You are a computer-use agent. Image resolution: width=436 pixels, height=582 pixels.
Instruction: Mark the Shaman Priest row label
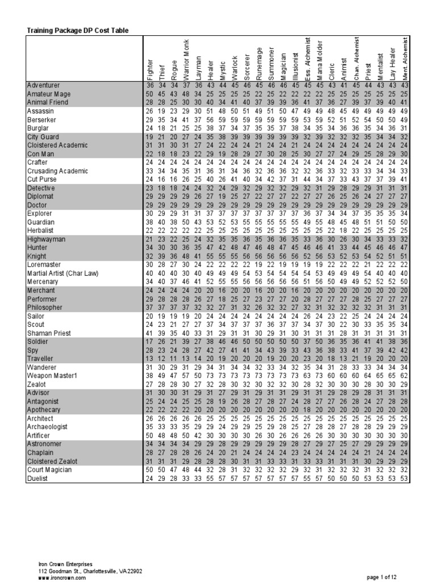click(49, 332)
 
